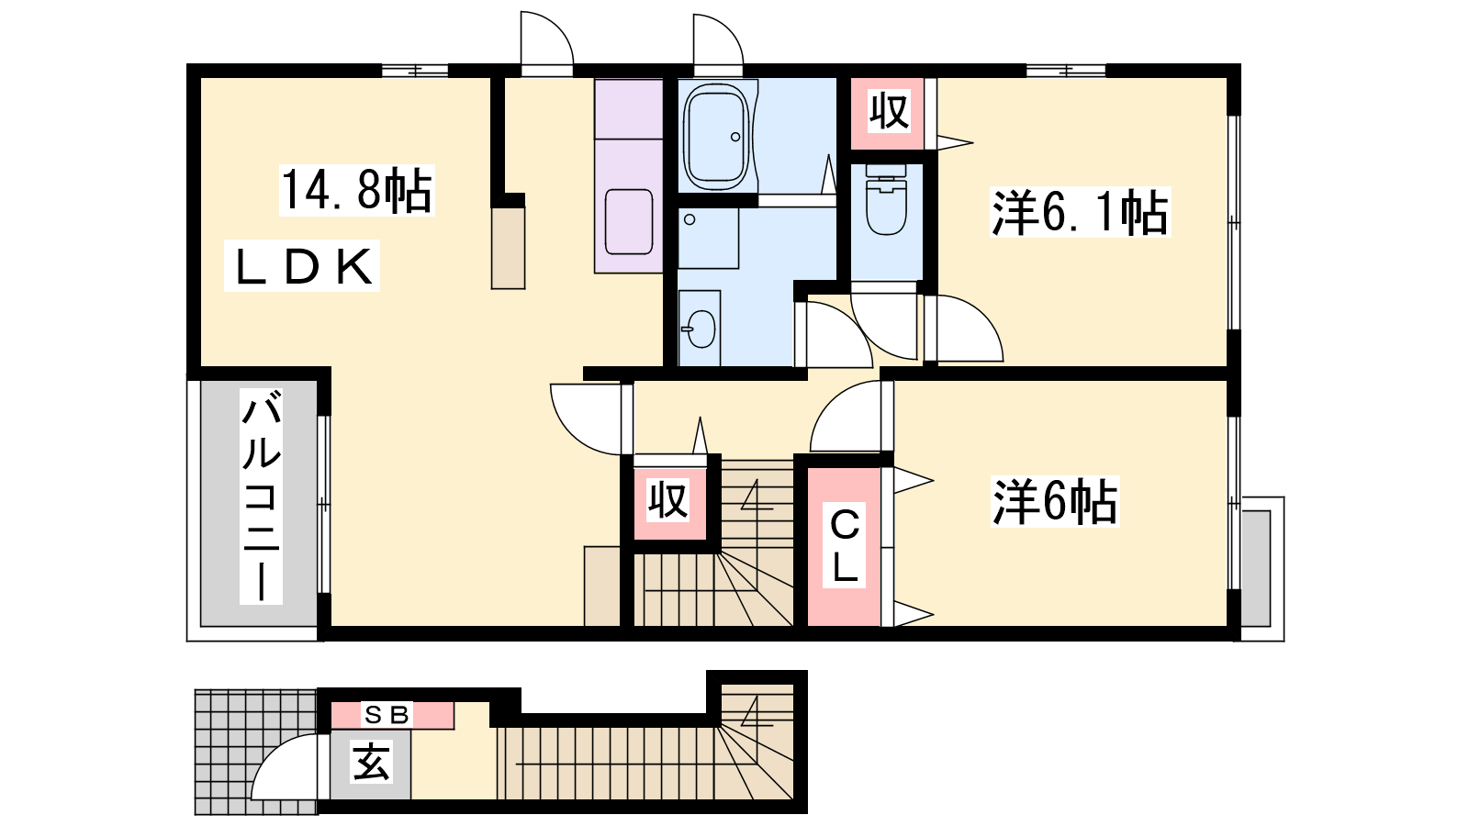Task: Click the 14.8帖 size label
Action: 357,191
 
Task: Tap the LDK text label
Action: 302,266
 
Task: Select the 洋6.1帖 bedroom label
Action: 1080,212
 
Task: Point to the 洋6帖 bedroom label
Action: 1055,502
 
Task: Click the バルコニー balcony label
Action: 261,496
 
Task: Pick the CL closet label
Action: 845,546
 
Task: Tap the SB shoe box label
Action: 387,715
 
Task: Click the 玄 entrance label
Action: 371,762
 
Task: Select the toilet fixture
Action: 886,198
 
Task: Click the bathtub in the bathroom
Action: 716,136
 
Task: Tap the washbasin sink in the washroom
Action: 700,329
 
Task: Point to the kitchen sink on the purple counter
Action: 629,221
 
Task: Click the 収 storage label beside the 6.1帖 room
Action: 890,112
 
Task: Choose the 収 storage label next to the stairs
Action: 668,501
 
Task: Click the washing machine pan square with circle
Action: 708,239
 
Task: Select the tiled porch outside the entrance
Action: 256,752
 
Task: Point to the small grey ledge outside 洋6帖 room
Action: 1256,569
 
